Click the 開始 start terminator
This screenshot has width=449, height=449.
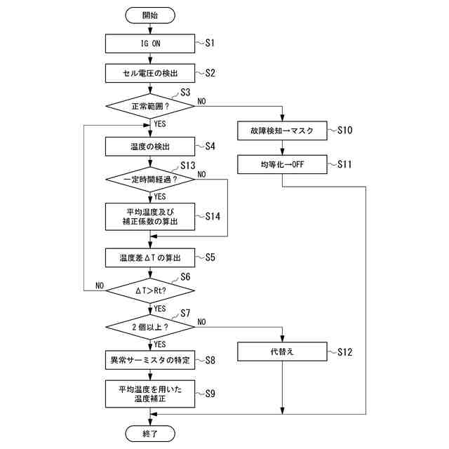tap(150, 15)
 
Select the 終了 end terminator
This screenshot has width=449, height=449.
tap(150, 434)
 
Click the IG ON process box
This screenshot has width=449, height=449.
tap(150, 43)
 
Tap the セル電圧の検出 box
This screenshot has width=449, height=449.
tap(150, 73)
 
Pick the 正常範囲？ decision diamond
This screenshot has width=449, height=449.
tap(150, 106)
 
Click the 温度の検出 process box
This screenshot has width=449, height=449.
tap(150, 147)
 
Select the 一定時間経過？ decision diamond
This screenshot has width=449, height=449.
tap(150, 180)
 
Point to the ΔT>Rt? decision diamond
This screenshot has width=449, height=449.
tap(150, 290)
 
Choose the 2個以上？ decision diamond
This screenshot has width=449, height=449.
tap(150, 327)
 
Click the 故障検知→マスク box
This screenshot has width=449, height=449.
tap(282, 131)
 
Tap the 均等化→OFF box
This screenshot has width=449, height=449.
tap(282, 164)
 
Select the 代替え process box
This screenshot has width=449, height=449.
tap(282, 351)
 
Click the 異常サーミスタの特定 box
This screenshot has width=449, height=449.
tap(150, 360)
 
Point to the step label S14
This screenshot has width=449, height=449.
tap(213, 216)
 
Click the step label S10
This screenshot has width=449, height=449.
tap(344, 130)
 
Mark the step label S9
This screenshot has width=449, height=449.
tap(210, 394)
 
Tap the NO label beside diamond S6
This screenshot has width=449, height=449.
tap(100, 286)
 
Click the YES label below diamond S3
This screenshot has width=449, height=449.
tap(160, 124)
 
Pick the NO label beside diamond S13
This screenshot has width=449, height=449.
tap(201, 174)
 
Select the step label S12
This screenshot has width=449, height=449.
tap(344, 352)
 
